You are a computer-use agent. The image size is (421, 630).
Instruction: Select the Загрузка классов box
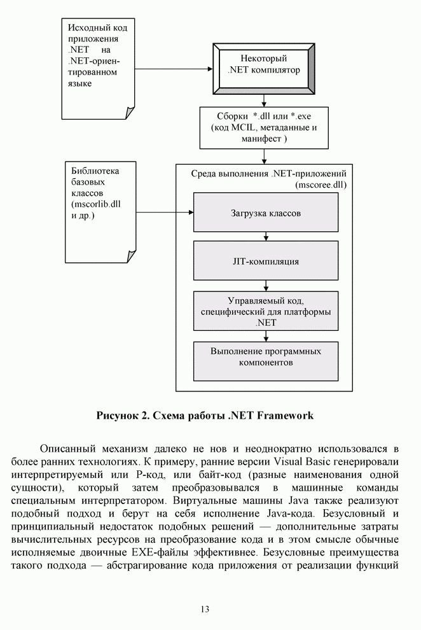(266, 213)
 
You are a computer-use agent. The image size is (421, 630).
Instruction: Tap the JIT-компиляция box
(266, 261)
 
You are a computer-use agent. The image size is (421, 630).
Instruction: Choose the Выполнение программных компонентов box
(266, 357)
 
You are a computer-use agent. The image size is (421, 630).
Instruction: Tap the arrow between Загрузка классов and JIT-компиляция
(266, 237)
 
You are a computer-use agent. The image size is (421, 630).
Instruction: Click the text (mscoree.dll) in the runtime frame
(322, 185)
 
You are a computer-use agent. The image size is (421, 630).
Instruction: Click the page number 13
(205, 609)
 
